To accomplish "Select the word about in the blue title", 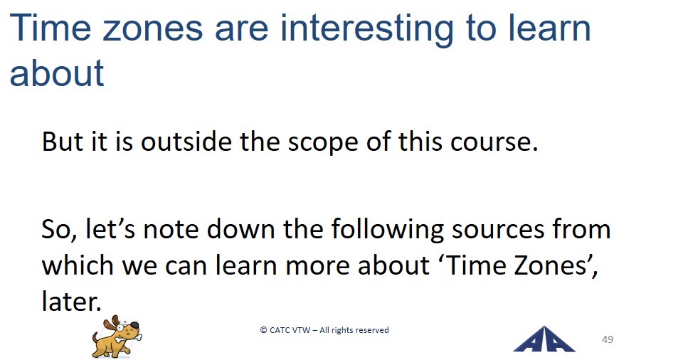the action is click(x=57, y=73).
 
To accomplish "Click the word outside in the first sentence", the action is click(x=186, y=141).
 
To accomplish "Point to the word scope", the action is click(x=324, y=144).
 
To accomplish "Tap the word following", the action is click(x=388, y=230).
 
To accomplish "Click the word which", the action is click(x=78, y=265).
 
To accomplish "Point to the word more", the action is click(x=317, y=267).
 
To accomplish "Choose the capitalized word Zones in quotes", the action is click(x=549, y=265).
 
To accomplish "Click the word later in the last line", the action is click(x=71, y=301).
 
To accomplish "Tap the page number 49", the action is click(x=608, y=339).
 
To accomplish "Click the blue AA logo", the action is click(x=544, y=339).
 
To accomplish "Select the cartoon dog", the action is click(x=117, y=337).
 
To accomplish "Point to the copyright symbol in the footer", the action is click(x=263, y=330).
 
